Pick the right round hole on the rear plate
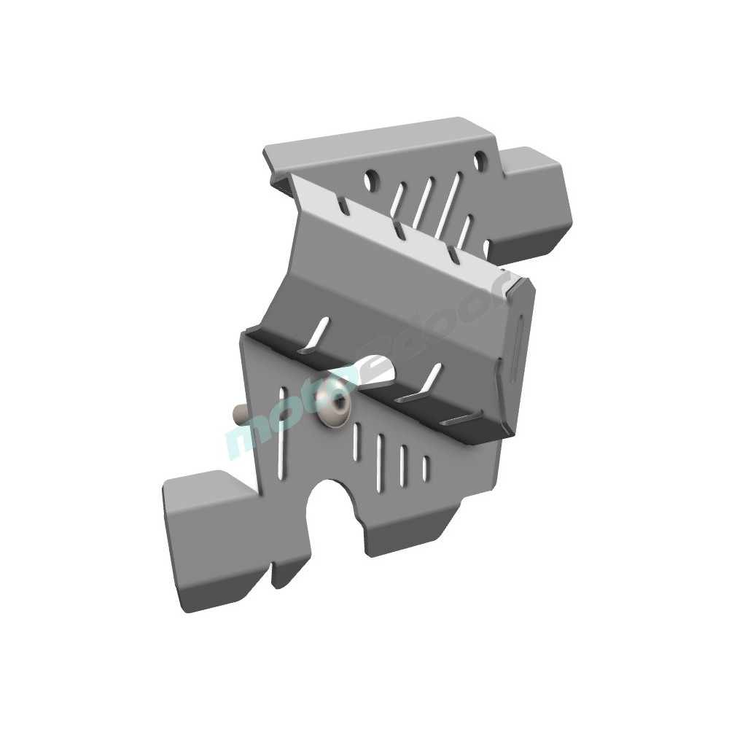(x=480, y=160)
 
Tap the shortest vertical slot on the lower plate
(x=426, y=467)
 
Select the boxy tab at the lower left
(x=208, y=539)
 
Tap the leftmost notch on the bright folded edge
(x=340, y=205)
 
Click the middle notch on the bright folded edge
(x=398, y=230)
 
